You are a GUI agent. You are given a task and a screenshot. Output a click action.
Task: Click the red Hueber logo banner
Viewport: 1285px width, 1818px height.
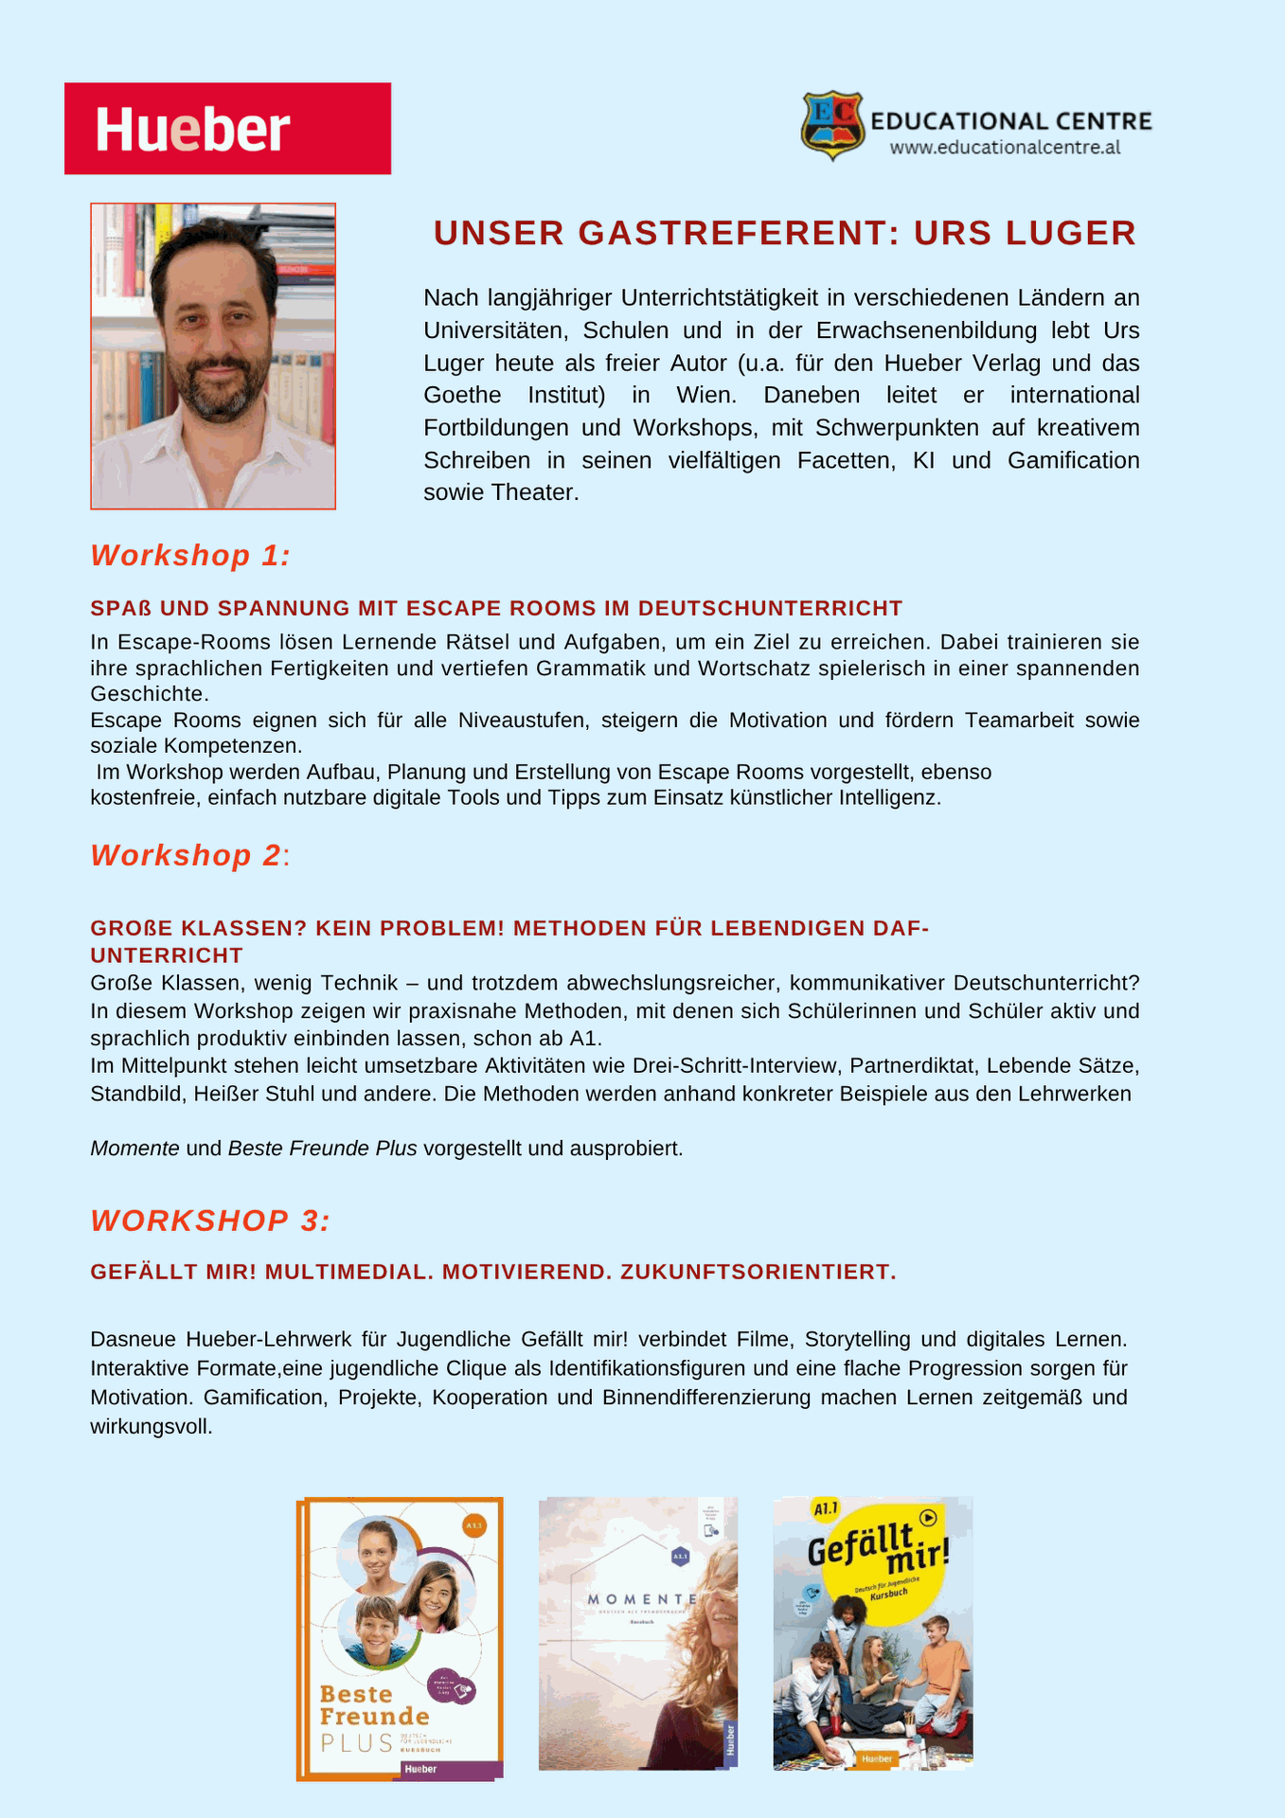(227, 129)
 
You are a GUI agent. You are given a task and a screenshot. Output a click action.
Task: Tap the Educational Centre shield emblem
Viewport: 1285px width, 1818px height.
(832, 124)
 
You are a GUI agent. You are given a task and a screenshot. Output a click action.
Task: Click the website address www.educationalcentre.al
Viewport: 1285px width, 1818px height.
(1005, 148)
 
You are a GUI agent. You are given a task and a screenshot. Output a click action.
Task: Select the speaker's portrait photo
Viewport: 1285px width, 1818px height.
(213, 356)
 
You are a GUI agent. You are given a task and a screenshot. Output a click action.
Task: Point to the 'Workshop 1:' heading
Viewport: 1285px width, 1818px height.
(190, 556)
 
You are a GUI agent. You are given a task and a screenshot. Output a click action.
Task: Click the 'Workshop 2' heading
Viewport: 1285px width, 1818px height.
(186, 855)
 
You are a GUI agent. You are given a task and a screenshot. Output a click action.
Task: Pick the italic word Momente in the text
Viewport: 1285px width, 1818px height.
(134, 1149)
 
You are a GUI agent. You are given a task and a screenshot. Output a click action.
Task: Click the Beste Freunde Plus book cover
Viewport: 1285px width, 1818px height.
(400, 1638)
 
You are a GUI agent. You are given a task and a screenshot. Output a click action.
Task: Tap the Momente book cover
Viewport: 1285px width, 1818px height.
(637, 1633)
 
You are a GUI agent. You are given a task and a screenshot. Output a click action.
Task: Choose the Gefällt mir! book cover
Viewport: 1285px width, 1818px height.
(872, 1633)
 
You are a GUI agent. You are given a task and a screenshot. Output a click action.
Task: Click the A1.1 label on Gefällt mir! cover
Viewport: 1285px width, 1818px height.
(826, 1507)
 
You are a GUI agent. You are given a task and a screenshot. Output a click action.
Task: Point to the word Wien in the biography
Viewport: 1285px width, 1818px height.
(704, 395)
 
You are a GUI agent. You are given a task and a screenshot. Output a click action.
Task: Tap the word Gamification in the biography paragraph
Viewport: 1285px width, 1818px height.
(1073, 460)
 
